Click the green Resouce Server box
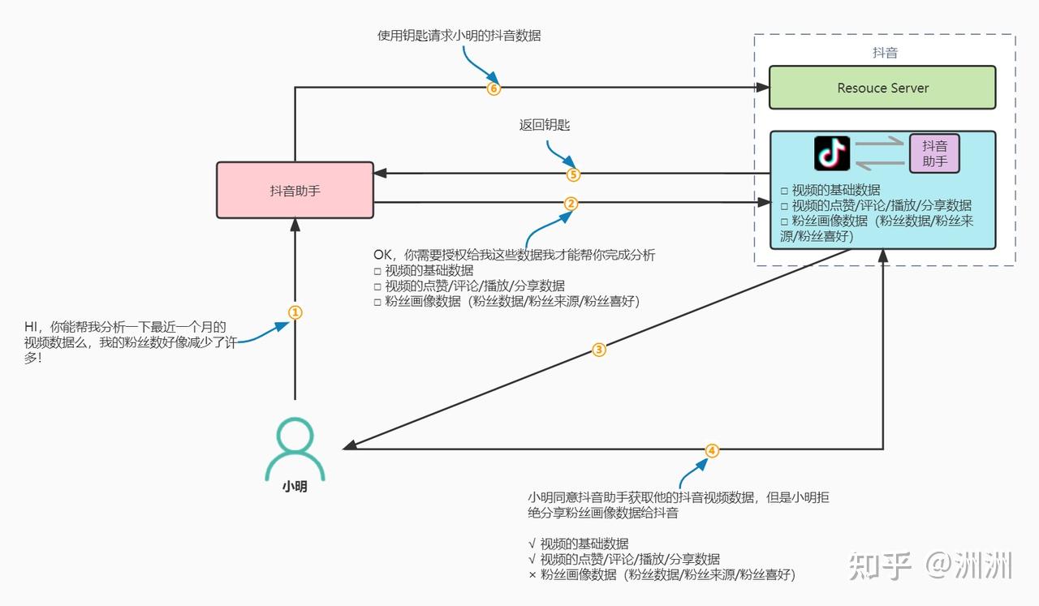point(882,88)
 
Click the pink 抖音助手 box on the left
point(295,191)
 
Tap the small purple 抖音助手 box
point(934,153)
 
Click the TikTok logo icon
point(832,153)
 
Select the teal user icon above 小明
point(295,449)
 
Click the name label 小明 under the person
point(295,488)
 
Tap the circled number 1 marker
point(295,312)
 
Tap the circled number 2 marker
point(571,204)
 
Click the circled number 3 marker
point(599,350)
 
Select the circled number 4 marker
point(712,450)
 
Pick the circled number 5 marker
point(573,174)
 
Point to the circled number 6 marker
point(494,88)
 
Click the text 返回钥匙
point(545,125)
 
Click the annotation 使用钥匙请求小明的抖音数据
point(459,36)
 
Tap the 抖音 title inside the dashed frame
point(884,53)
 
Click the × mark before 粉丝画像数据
point(532,575)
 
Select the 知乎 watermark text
point(881,565)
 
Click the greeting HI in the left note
point(32,327)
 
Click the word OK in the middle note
point(382,256)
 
